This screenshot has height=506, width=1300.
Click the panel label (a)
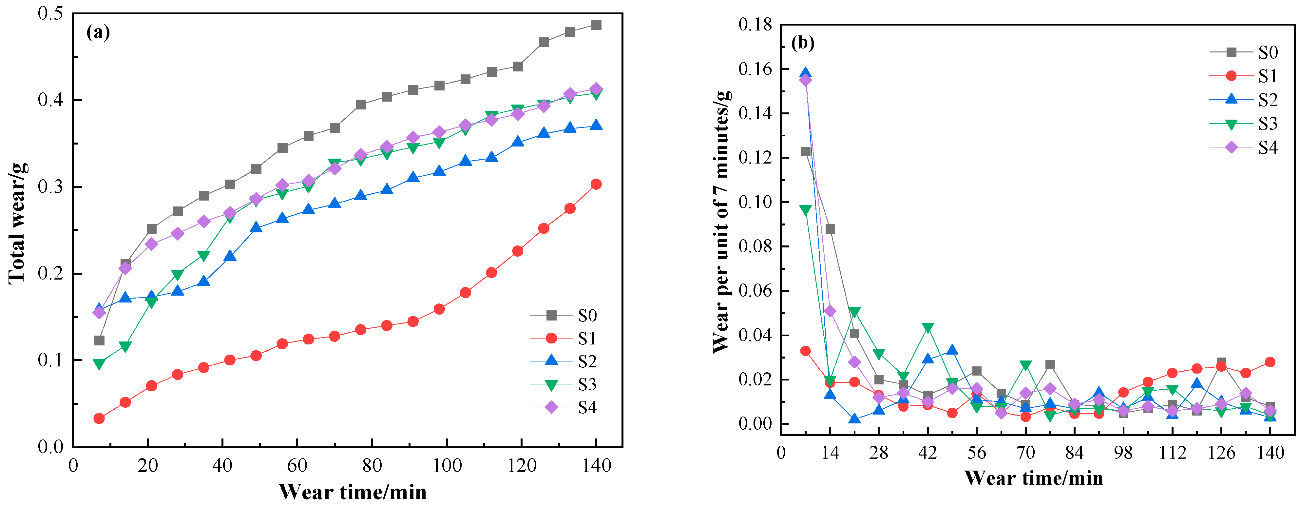(x=98, y=32)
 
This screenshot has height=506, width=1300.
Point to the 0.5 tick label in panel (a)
(x=50, y=14)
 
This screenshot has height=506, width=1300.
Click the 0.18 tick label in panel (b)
(x=755, y=24)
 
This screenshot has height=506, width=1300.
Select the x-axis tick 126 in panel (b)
(x=1221, y=453)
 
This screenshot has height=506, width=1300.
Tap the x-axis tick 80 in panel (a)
(x=372, y=465)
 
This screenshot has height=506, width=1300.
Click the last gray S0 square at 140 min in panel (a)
(x=596, y=25)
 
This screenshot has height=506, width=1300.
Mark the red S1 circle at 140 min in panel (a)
(x=596, y=184)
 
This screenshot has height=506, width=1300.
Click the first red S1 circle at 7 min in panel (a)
(x=99, y=418)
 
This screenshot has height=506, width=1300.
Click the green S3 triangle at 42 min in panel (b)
(x=927, y=328)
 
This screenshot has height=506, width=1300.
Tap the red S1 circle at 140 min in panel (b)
(x=1270, y=362)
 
